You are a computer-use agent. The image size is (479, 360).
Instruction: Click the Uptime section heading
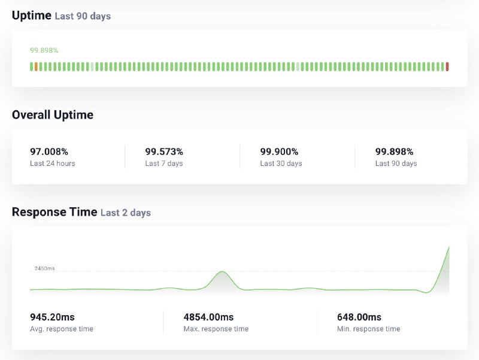click(32, 16)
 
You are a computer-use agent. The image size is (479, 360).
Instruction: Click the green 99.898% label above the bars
click(44, 50)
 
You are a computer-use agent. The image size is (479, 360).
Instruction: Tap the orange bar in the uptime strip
click(36, 66)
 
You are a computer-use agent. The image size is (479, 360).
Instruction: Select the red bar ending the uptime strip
click(447, 66)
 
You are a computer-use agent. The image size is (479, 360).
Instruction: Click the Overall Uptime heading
click(53, 115)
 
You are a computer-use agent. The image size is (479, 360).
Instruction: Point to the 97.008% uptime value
click(49, 152)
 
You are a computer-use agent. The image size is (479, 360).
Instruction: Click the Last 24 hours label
click(53, 164)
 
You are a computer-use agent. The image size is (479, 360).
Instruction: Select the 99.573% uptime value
click(164, 152)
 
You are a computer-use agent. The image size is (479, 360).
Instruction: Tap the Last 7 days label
click(164, 164)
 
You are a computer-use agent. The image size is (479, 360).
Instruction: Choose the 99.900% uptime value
click(279, 152)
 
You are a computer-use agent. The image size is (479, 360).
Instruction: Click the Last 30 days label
click(281, 164)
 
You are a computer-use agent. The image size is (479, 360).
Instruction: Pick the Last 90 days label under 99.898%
click(396, 164)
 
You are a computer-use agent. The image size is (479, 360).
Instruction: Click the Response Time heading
click(54, 212)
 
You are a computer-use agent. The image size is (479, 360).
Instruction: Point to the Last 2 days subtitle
click(126, 213)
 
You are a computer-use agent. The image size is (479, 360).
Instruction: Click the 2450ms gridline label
click(44, 268)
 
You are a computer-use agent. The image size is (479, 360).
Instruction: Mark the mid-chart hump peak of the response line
click(222, 272)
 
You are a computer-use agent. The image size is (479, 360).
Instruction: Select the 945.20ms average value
click(53, 317)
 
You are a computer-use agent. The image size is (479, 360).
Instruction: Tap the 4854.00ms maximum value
click(208, 317)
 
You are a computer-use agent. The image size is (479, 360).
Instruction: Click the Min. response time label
click(368, 329)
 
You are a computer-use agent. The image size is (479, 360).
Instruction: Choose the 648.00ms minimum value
click(359, 317)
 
